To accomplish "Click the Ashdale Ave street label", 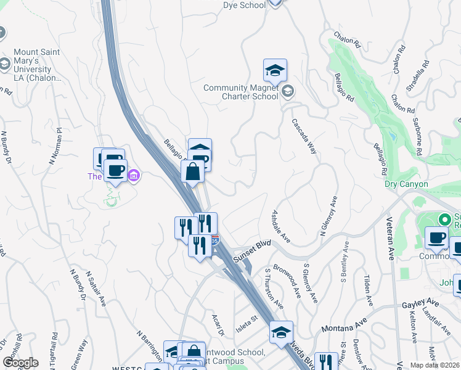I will click(281, 226).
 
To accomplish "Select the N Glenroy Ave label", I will click(328, 216).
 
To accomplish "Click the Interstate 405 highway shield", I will click(214, 240).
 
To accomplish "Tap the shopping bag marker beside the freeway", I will click(193, 171).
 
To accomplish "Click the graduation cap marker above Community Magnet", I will click(275, 70).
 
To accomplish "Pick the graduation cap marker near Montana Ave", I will click(281, 332).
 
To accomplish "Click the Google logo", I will click(20, 363).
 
